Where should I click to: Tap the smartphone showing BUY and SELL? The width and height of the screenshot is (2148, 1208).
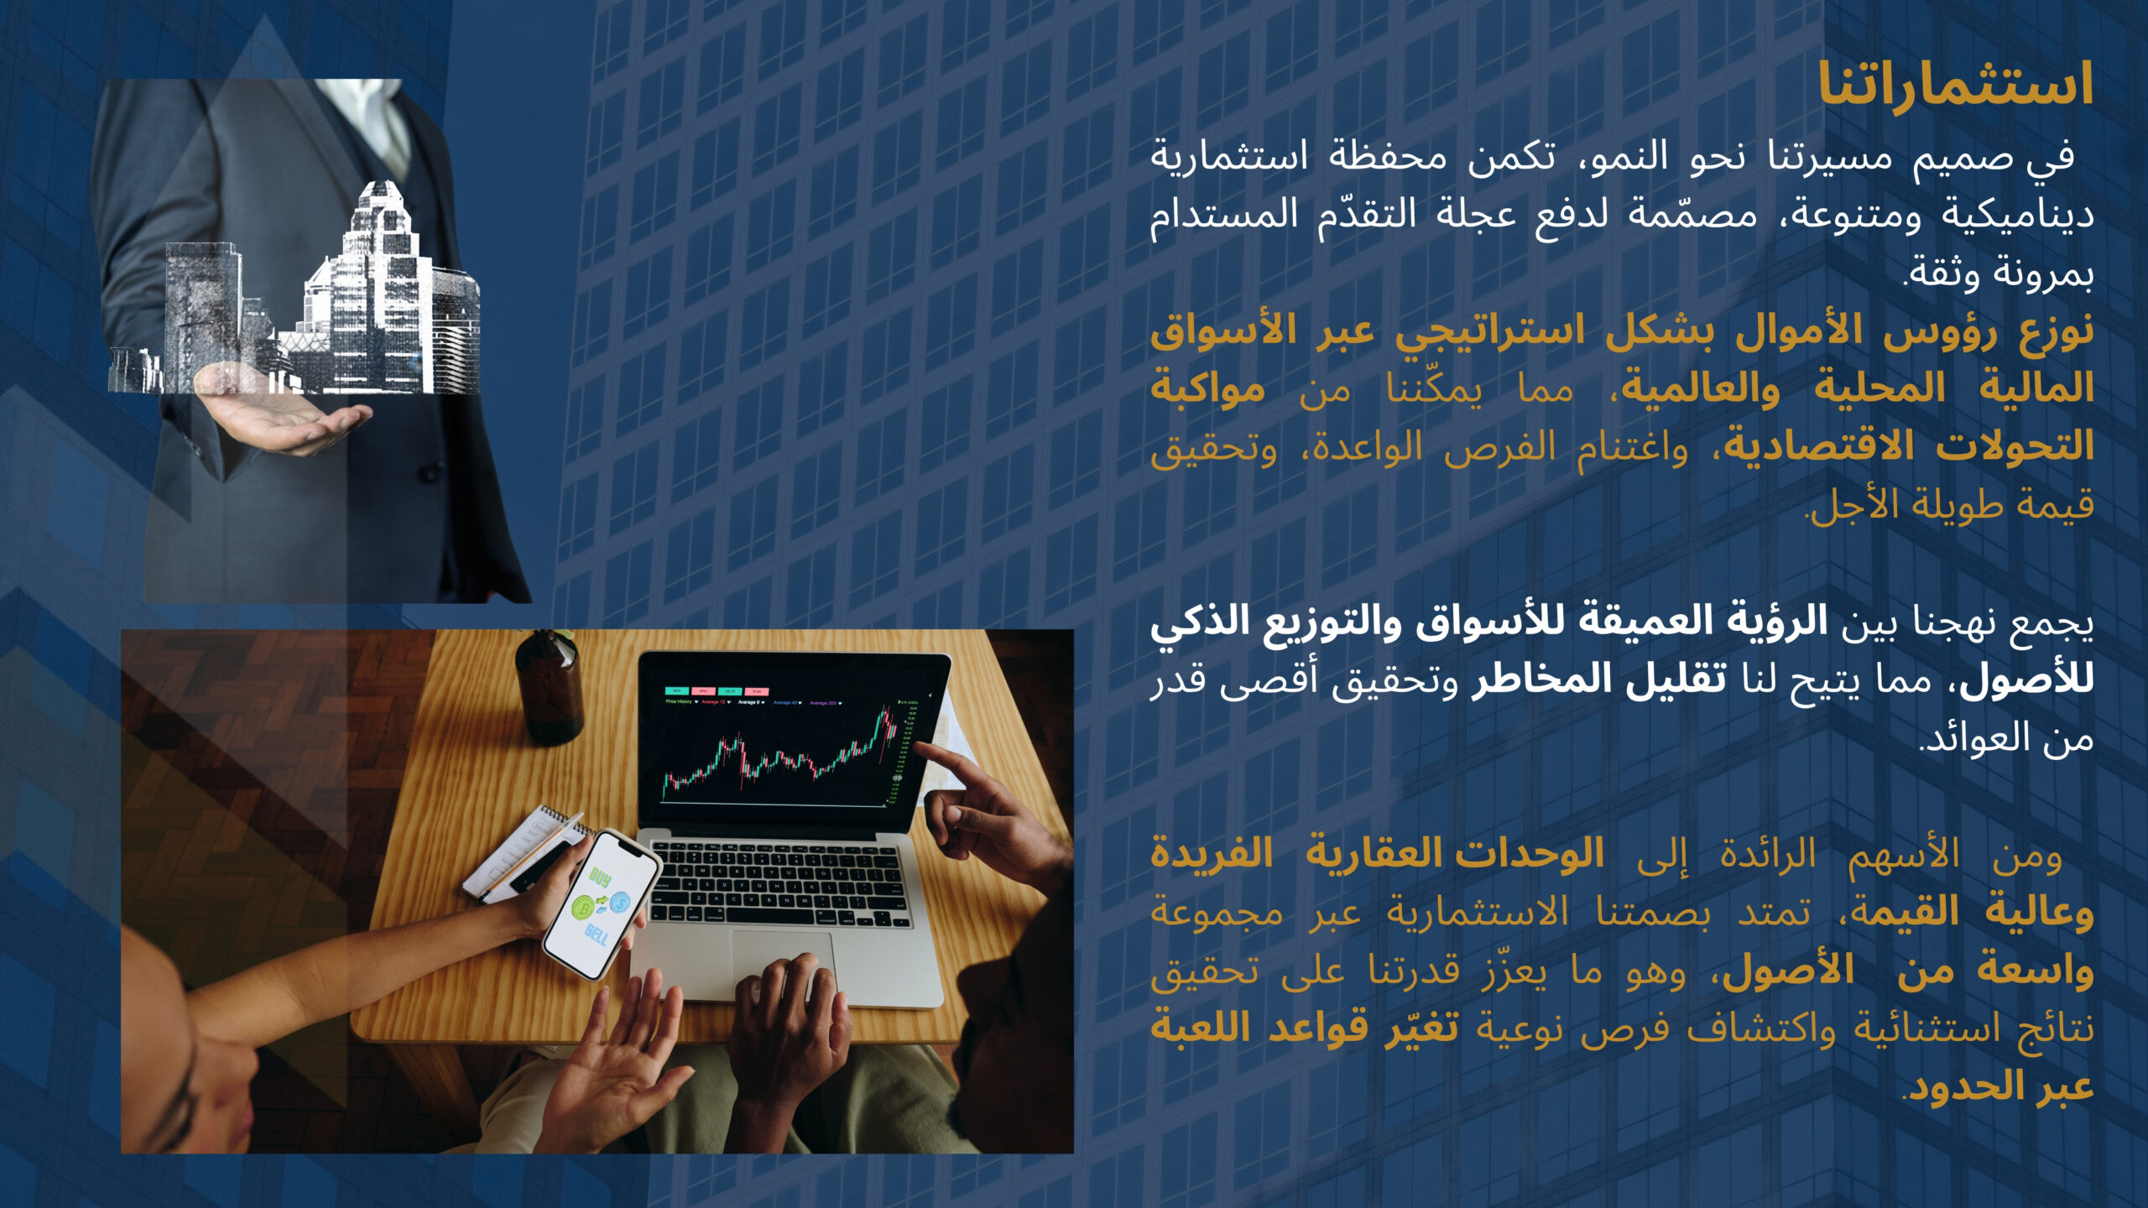tap(601, 903)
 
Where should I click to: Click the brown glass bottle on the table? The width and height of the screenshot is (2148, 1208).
tap(549, 688)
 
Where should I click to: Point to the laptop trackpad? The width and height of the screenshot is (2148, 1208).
tap(784, 965)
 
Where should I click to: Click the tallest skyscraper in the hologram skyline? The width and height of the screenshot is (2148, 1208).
tap(378, 285)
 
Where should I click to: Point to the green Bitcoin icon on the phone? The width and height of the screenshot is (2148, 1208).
tap(584, 907)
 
